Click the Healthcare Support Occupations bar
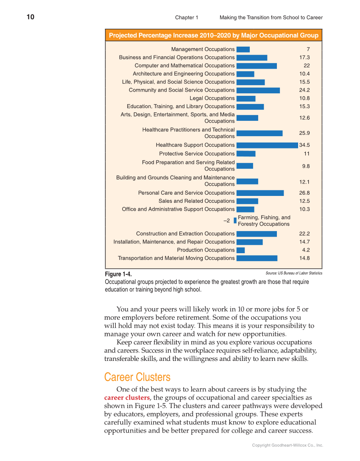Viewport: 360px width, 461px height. pyautogui.click(x=267, y=145)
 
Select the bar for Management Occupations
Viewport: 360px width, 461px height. pyautogui.click(x=243, y=49)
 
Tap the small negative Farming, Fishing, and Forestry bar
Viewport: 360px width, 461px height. pyautogui.click(x=235, y=221)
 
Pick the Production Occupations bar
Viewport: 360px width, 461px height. pyautogui.click(x=240, y=250)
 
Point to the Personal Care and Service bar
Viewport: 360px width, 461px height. pyautogui.click(x=260, y=193)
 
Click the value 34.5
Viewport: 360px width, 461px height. pyautogui.click(x=304, y=145)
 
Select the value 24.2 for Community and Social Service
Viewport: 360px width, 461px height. pyautogui.click(x=304, y=90)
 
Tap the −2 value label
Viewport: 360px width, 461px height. pyautogui.click(x=227, y=221)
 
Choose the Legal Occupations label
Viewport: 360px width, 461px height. pyautogui.click(x=212, y=98)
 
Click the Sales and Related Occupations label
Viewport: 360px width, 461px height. pyautogui.click(x=196, y=201)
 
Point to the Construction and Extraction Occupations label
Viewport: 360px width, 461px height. pyautogui.click(x=185, y=234)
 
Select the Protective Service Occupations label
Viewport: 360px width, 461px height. pyautogui.click(x=197, y=154)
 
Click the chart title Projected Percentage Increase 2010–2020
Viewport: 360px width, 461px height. pyautogui.click(x=213, y=35)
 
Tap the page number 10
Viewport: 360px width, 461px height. pyautogui.click(x=30, y=17)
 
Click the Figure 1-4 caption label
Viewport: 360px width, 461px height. pyautogui.click(x=118, y=274)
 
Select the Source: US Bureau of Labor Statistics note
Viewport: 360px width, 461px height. pyautogui.click(x=293, y=273)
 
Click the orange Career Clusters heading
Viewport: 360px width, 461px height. pyautogui.click(x=137, y=377)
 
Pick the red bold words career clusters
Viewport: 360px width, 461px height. pyautogui.click(x=127, y=398)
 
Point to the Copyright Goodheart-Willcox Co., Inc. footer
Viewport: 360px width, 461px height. pyautogui.click(x=287, y=445)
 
